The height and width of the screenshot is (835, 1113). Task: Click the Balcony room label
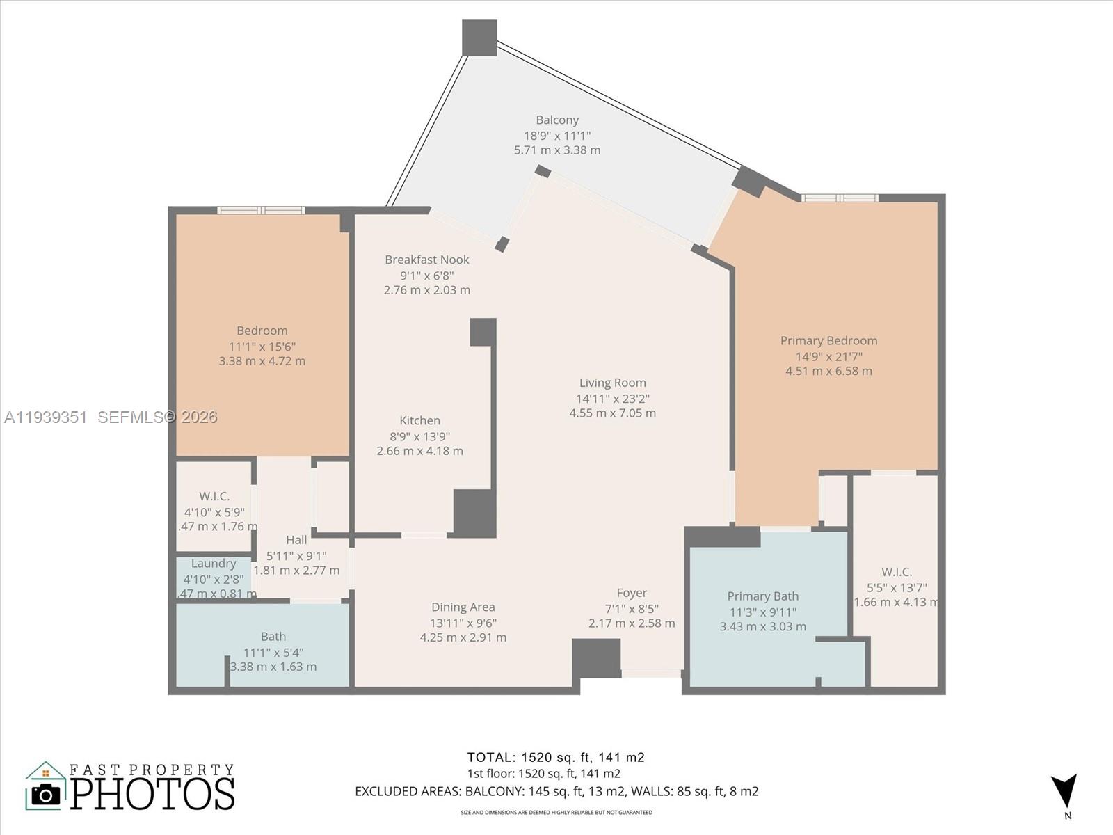point(556,120)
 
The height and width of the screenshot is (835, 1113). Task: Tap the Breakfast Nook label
point(427,260)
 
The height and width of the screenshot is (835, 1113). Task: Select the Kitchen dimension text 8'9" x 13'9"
point(419,436)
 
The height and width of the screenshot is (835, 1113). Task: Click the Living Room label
point(612,383)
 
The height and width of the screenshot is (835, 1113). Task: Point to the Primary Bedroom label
point(828,340)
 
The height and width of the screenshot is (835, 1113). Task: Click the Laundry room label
point(214,564)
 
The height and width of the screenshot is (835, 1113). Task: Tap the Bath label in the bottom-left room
point(273,636)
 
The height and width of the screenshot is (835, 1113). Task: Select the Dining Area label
point(463,607)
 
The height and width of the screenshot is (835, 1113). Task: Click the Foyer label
point(632,593)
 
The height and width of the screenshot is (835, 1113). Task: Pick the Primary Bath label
point(762,596)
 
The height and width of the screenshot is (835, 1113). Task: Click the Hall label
point(296,540)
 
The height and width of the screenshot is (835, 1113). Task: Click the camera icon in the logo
point(46,794)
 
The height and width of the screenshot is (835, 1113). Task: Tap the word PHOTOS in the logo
point(153,794)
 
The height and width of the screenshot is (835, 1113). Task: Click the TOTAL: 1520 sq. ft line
point(556,757)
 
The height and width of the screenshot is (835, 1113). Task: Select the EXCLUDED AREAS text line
point(556,791)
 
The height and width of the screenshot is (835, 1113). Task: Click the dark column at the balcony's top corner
point(479,38)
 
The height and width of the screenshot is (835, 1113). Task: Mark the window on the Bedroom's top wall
point(261,210)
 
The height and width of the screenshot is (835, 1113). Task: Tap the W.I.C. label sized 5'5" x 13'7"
point(897,572)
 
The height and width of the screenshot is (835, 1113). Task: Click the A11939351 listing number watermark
point(46,417)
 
